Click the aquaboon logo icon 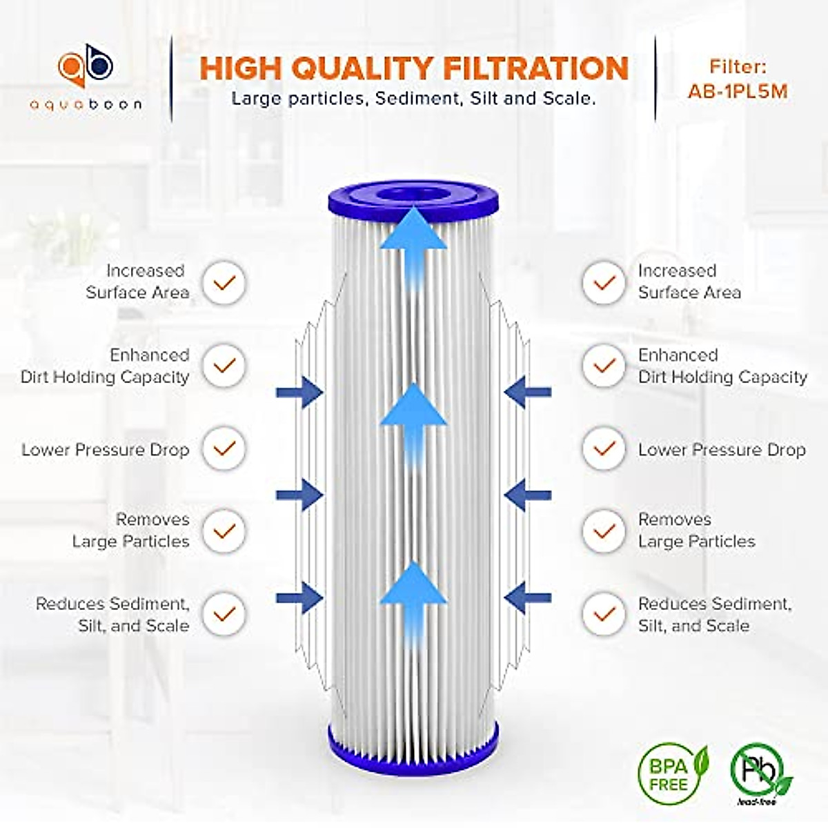[x=85, y=67]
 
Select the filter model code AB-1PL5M [x=737, y=91]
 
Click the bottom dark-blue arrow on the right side [x=527, y=598]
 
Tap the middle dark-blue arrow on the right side [x=527, y=495]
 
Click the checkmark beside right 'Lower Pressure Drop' [x=604, y=449]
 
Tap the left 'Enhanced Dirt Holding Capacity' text [x=106, y=366]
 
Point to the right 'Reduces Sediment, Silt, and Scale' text [x=714, y=614]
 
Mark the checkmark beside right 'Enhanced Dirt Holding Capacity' [x=604, y=366]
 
